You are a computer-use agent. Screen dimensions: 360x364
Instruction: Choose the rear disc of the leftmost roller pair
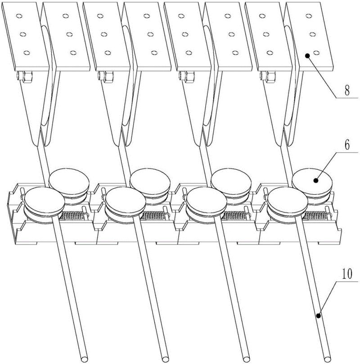69,180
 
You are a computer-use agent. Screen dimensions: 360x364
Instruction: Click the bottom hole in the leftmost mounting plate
26,53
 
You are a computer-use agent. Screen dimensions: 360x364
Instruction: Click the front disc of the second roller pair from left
126,200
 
